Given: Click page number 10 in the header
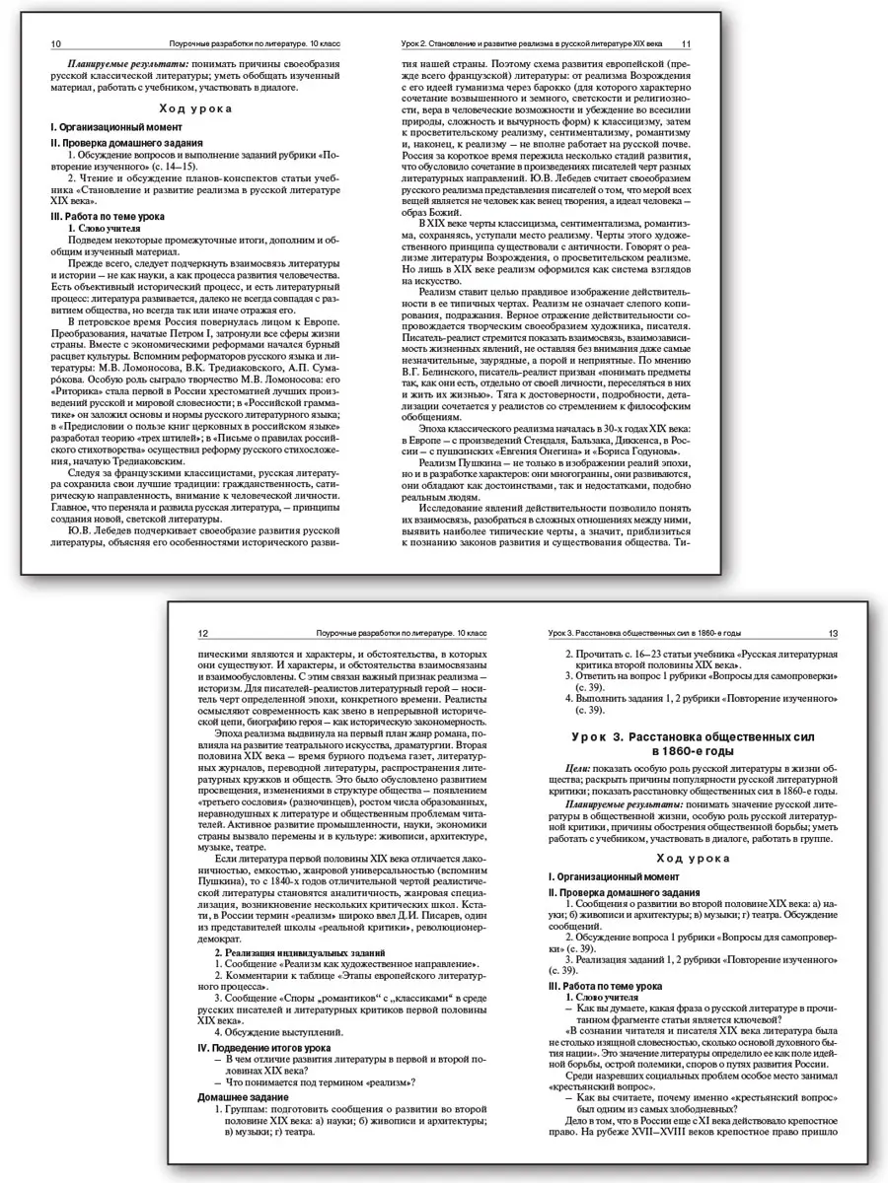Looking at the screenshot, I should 55,44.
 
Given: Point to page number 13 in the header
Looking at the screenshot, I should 834,633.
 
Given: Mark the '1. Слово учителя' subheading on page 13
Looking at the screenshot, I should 601,999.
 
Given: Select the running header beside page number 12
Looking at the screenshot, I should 395,633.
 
